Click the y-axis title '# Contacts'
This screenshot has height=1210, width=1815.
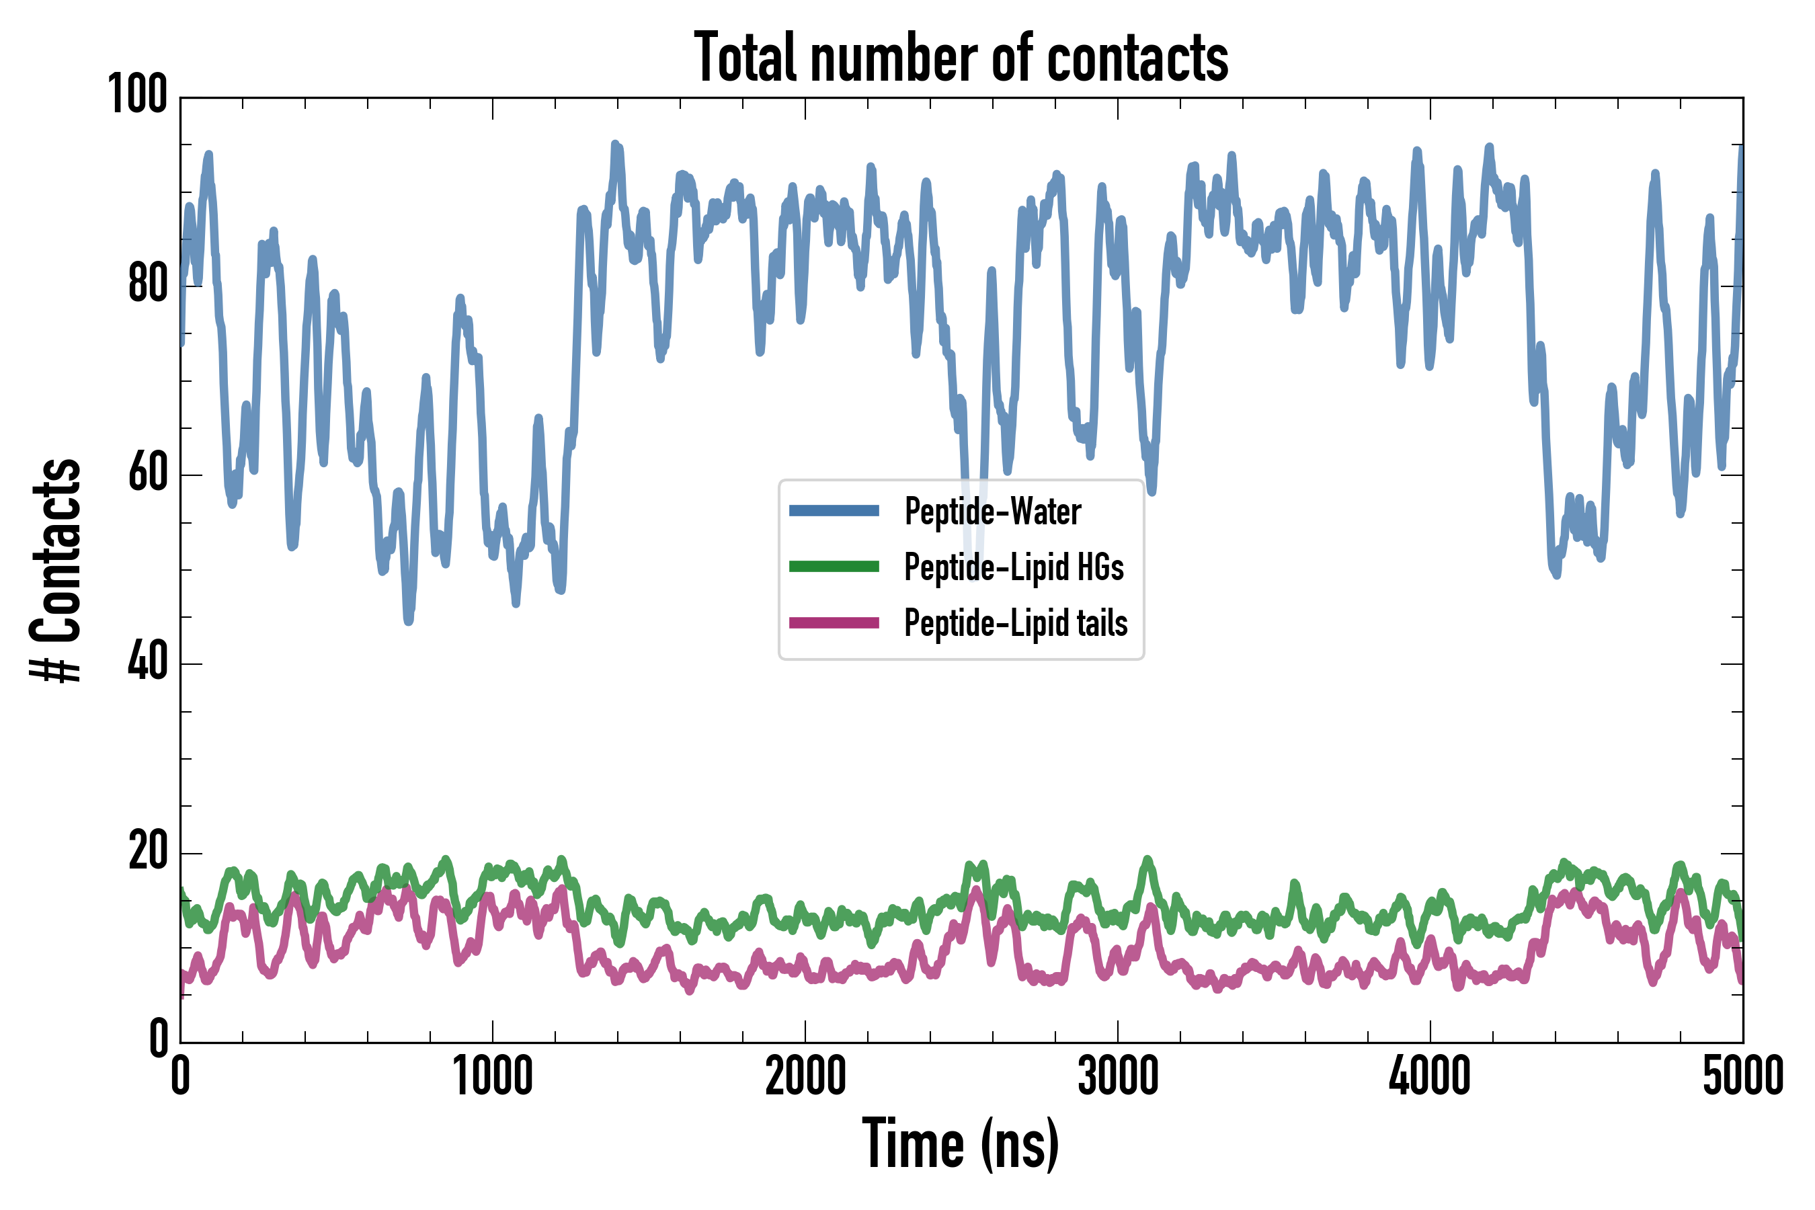56,571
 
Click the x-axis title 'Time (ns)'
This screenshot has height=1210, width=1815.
961,1144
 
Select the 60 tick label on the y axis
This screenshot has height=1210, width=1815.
147,473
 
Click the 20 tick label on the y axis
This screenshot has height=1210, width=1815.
147,852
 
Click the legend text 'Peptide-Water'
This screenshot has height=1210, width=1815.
992,511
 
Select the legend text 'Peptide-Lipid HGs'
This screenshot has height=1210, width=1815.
1013,567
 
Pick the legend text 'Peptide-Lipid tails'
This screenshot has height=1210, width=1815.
1016,624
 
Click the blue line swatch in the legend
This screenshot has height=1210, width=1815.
834,510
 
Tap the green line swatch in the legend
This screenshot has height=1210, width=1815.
834,567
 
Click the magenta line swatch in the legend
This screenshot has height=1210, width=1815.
834,622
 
